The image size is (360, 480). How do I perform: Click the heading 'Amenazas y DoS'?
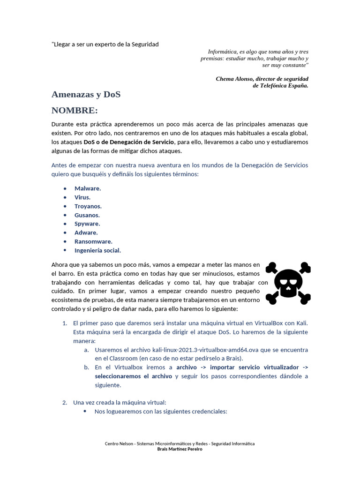pos(86,95)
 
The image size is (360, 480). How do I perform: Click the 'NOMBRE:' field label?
pos(75,111)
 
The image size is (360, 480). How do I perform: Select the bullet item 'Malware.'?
pos(88,188)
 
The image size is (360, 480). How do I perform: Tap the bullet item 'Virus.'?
pos(82,197)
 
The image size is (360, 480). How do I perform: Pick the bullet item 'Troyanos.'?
pos(88,206)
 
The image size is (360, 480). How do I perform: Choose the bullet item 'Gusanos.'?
pos(87,215)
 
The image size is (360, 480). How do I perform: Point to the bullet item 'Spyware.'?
pos(87,224)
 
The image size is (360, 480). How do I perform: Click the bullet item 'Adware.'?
pos(86,233)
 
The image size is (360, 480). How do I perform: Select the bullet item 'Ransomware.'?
pos(93,242)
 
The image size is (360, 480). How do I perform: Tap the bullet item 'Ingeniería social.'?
pos(97,251)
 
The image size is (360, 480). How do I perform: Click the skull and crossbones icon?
pos(288,283)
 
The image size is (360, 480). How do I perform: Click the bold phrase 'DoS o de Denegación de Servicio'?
pos(129,142)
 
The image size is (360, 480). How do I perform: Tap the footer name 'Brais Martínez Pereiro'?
pos(180,449)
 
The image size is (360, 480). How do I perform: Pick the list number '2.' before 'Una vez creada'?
pos(65,403)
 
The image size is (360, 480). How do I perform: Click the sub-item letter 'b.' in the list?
pos(87,367)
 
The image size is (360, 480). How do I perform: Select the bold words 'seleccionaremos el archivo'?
pos(134,376)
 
